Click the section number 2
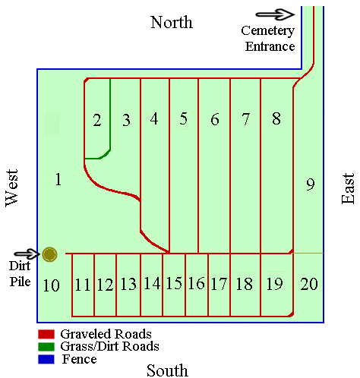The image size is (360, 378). (96, 120)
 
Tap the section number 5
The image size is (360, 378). (183, 118)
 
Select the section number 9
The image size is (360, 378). (309, 184)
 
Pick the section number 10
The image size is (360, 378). (51, 285)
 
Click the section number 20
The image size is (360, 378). (308, 284)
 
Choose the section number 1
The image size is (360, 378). (58, 179)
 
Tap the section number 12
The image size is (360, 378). (105, 285)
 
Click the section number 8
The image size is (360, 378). (276, 118)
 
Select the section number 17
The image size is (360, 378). (219, 284)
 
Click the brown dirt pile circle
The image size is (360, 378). (50, 254)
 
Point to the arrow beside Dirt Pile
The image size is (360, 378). (25, 254)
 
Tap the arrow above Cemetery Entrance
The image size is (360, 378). (275, 14)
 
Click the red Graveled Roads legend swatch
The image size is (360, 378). (45, 334)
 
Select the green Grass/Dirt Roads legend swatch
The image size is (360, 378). (45, 346)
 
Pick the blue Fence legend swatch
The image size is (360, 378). (45, 358)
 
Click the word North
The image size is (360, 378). (171, 21)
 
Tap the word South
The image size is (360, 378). (167, 370)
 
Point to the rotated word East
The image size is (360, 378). (348, 187)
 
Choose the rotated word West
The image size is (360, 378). (11, 187)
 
